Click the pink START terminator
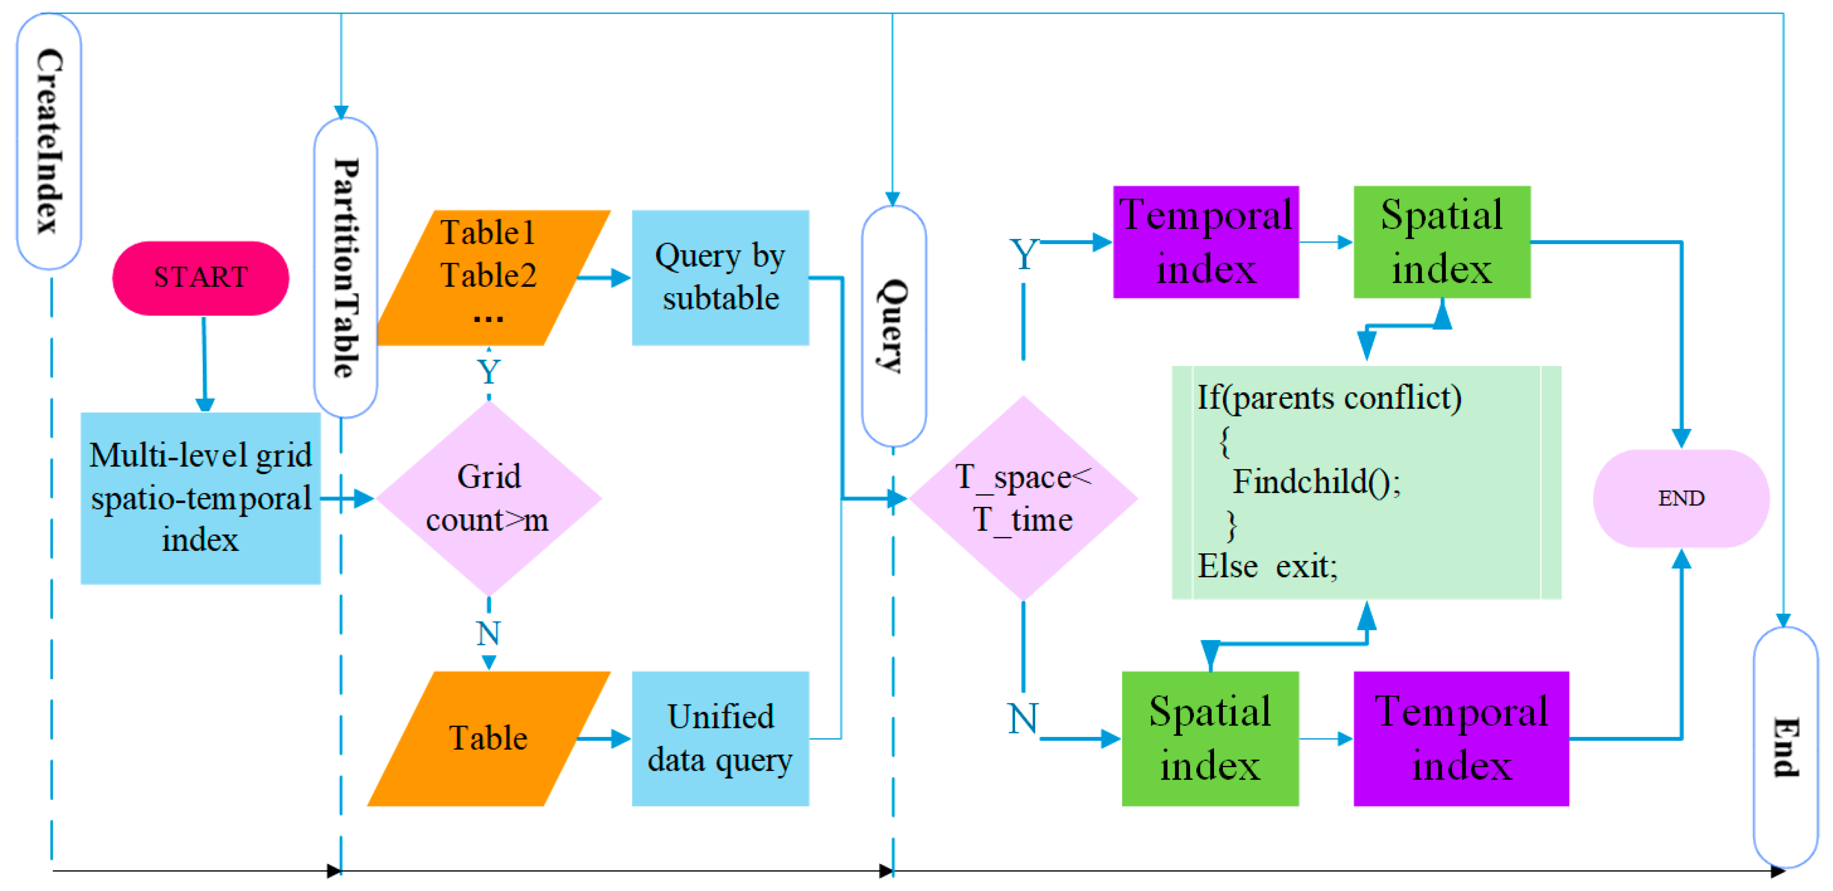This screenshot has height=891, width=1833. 201,278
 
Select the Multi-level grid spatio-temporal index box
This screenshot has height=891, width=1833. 201,498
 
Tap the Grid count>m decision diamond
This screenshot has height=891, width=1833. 489,498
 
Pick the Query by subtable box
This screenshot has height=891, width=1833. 720,277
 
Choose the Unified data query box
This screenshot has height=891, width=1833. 720,738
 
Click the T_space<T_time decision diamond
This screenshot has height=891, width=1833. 1023,498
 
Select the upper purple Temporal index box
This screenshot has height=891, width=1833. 1205,242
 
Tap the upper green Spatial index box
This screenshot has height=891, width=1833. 1442,242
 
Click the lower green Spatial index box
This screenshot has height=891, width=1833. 1210,738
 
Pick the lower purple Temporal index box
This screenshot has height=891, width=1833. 1461,738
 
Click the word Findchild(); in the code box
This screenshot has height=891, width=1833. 1316,482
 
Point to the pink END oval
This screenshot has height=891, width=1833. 1681,498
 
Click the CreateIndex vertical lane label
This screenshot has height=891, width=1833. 49,141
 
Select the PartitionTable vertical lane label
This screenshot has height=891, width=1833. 346,267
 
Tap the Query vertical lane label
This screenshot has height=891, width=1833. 893,326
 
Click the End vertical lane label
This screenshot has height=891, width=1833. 1785,747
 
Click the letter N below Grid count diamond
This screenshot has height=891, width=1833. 489,633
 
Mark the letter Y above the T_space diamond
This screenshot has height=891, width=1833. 1023,254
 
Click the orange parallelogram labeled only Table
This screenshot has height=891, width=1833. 489,738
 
